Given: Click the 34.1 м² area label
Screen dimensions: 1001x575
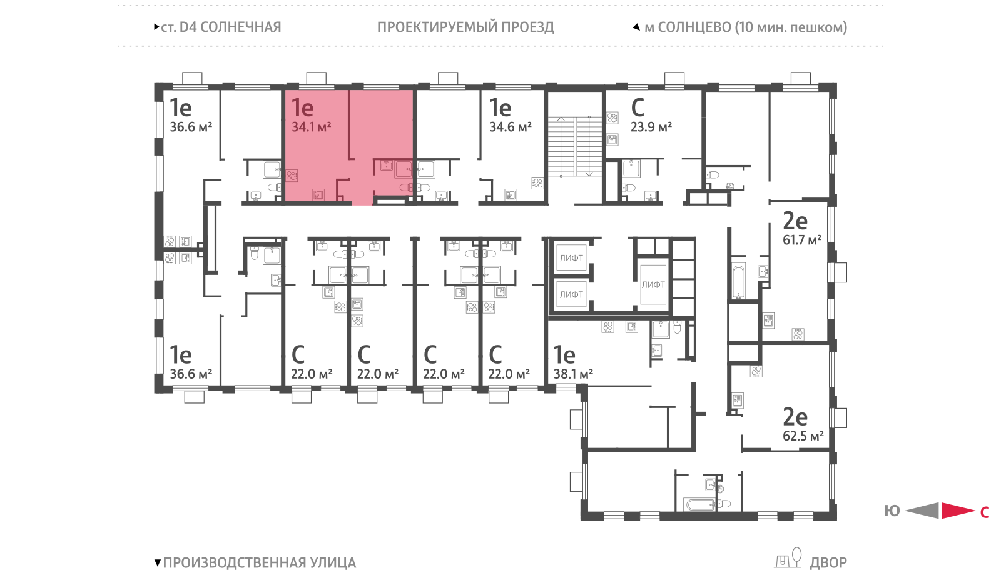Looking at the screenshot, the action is coord(311,127).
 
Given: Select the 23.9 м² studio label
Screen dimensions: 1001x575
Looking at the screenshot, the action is coord(651,127).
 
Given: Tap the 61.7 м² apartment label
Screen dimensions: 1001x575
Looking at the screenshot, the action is coord(801,240).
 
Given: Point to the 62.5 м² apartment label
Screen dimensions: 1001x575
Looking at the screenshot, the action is coord(803,436).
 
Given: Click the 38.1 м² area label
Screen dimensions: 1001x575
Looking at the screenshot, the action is coord(573,374).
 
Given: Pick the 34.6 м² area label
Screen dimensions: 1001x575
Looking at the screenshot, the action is coord(511,127).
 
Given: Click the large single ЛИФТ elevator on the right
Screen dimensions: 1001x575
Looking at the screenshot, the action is coord(653,285).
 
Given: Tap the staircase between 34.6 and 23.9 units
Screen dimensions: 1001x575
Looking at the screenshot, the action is coord(575,146).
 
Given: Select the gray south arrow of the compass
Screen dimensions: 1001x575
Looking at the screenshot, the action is coord(922,511).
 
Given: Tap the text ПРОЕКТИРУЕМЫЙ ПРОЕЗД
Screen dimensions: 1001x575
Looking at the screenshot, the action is coord(465,27).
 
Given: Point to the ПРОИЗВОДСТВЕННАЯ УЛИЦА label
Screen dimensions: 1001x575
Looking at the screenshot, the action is coord(259,563).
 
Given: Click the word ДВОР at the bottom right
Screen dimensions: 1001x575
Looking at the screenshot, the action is coord(828,563).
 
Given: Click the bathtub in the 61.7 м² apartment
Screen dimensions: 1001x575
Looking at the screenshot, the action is coord(738,282).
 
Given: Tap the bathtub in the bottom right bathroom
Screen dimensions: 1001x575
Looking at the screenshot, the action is coord(701,505).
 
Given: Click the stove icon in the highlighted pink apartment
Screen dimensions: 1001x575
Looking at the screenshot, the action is coord(292,175).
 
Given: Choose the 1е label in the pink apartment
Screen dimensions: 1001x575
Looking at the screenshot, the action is coord(302,107).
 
